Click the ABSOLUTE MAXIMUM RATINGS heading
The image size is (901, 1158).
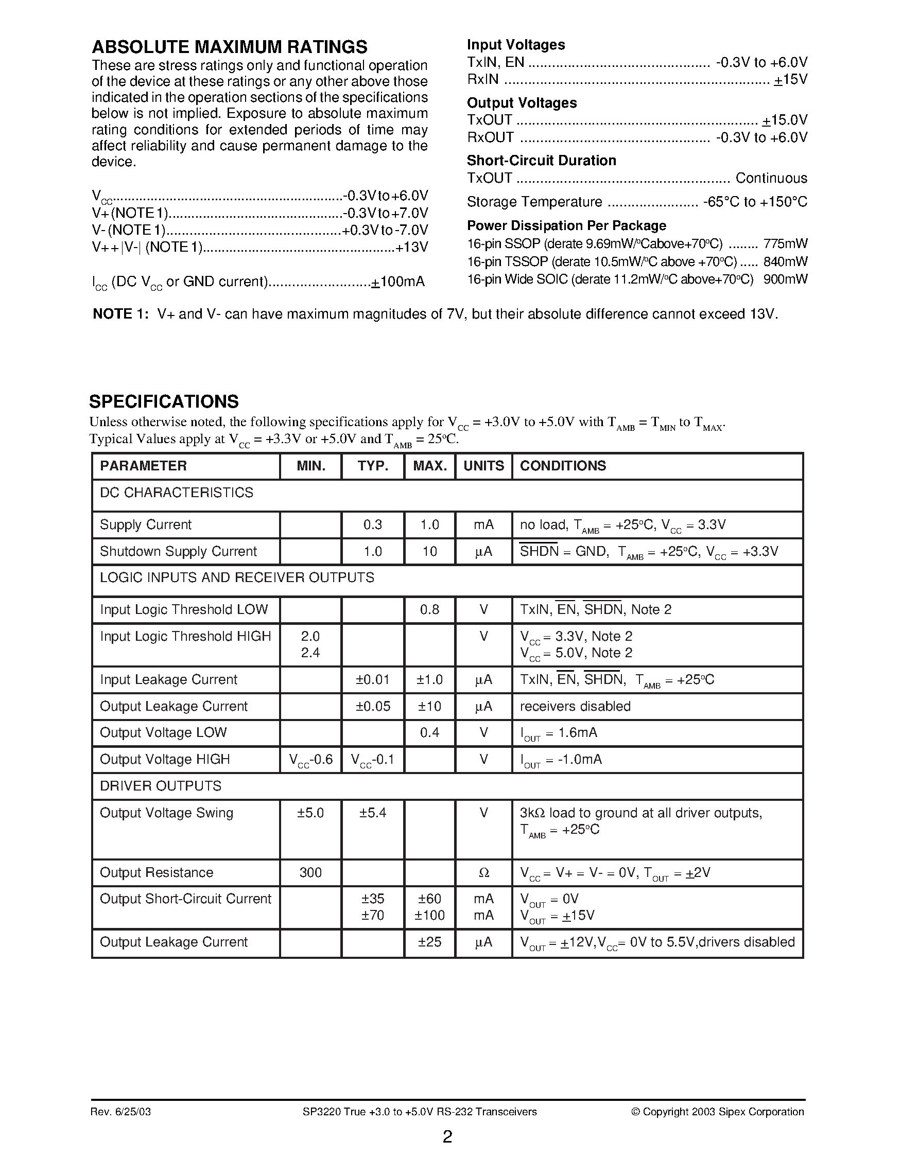229,47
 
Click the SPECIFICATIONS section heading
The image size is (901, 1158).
164,401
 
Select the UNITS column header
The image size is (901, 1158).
483,466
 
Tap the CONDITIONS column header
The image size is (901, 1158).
563,466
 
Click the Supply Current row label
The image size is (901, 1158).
145,524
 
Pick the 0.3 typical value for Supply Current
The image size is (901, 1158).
372,524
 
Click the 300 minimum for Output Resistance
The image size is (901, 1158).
310,872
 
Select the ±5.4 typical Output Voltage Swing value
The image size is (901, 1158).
372,813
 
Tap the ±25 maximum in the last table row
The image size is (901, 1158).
429,942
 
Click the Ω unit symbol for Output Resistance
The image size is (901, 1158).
483,873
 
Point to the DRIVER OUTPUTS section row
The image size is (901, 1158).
160,786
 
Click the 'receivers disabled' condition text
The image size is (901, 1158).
575,706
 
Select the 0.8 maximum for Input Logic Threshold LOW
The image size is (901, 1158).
429,609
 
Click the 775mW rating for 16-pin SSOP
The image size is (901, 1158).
785,244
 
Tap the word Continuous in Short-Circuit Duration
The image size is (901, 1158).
771,178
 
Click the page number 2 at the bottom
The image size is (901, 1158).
447,1137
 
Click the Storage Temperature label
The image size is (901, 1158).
534,202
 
